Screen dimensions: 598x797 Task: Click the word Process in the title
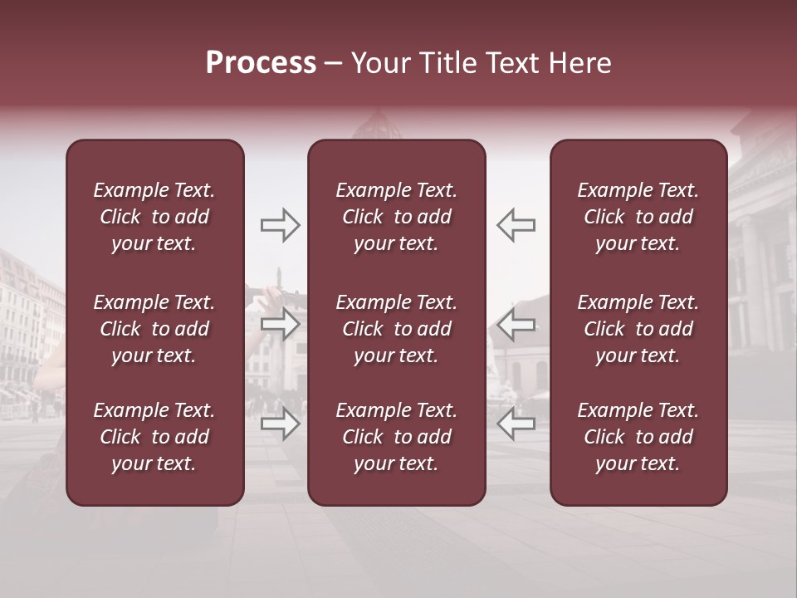[x=261, y=63]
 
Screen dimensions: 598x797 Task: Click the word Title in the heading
[x=446, y=63]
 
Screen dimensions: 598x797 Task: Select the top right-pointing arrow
[x=280, y=225]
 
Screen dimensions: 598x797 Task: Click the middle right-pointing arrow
[x=280, y=324]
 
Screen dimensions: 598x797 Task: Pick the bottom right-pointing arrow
[x=280, y=424]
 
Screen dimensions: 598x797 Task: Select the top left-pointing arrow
[x=516, y=225]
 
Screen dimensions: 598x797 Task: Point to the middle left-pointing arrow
[x=516, y=324]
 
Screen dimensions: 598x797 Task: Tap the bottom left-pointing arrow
[x=516, y=424]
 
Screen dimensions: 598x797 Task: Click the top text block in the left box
[x=154, y=217]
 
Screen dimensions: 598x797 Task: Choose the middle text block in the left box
[x=154, y=329]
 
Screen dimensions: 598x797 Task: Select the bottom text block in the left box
[x=154, y=437]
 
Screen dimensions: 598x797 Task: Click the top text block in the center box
[x=396, y=217]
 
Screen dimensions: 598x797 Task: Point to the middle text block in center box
[x=396, y=329]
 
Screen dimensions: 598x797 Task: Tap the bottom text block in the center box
[x=396, y=437]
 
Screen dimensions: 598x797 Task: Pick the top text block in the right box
[x=638, y=217]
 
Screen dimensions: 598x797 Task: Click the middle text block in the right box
[x=638, y=329]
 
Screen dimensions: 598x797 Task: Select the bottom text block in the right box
[x=638, y=437]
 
